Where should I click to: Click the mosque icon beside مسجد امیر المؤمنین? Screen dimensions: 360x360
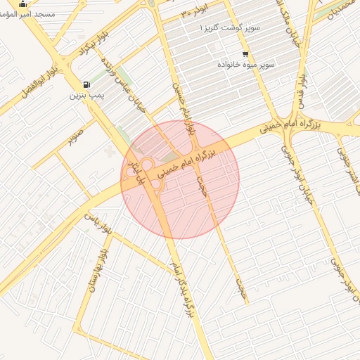click(23, 5)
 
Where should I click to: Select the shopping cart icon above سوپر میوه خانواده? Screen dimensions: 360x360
click(245, 54)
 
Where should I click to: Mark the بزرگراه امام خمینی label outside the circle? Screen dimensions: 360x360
click(289, 124)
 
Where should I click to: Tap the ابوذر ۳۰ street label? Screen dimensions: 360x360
click(194, 8)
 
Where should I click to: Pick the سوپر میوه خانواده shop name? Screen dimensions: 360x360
click(246, 65)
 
